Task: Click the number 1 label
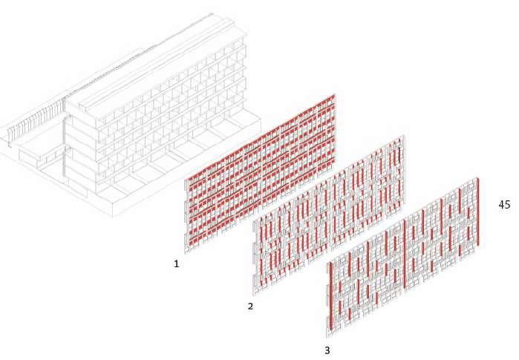(177, 264)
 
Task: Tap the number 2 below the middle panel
(250, 305)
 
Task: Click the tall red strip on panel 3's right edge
(478, 211)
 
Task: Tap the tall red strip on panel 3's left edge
(329, 297)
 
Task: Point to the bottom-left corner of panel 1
(186, 252)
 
